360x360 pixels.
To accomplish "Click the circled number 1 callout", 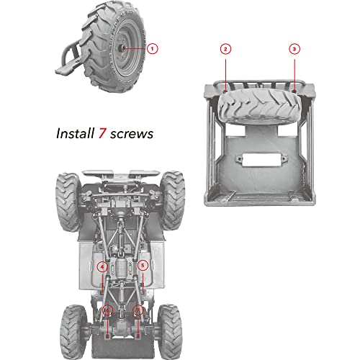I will click(153, 48).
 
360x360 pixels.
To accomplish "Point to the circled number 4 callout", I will click(103, 266).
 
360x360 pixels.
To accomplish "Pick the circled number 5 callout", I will click(143, 266).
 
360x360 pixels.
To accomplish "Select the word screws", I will click(134, 134).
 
